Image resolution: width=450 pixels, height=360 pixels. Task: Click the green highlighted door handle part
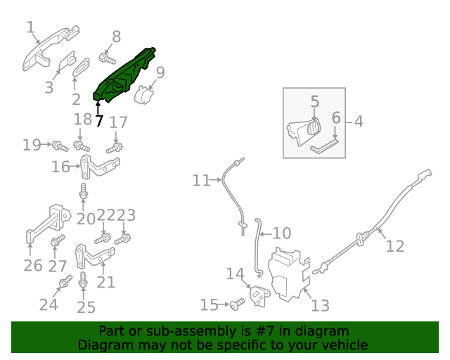(125, 75)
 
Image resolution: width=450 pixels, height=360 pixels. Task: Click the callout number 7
(99, 121)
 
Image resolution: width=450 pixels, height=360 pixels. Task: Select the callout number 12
(395, 246)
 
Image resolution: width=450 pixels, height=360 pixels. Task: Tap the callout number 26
(33, 265)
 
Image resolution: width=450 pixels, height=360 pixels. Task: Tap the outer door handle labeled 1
(48, 49)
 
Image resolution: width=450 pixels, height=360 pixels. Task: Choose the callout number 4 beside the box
(359, 122)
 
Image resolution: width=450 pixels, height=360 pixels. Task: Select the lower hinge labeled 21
(94, 255)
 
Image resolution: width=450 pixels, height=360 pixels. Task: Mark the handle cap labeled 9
(144, 95)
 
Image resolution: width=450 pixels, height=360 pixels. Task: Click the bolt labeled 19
(58, 146)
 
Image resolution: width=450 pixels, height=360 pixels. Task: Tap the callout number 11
(202, 181)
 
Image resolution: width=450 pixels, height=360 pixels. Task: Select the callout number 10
(281, 233)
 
